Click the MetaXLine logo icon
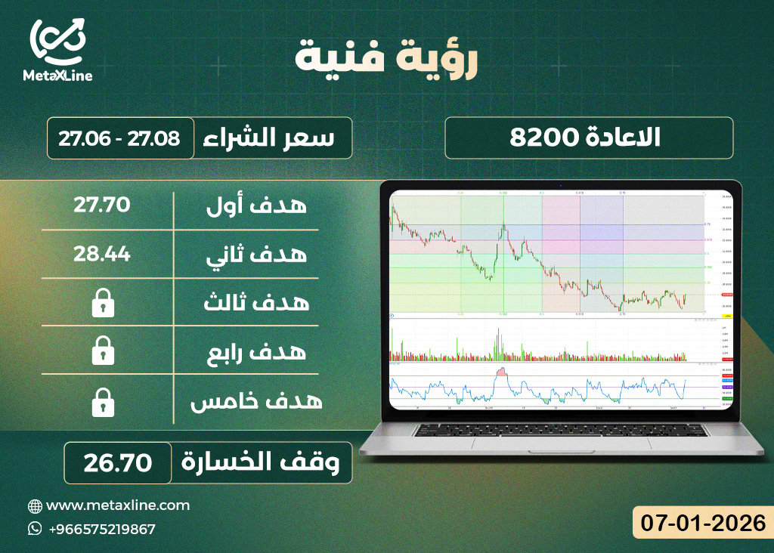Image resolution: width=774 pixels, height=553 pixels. point(57,41)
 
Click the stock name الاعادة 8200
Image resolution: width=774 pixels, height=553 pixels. point(588,137)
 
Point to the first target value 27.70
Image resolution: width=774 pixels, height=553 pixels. point(102,205)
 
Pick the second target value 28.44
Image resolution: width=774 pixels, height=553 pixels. point(102,254)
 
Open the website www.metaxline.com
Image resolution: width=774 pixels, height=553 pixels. point(118,505)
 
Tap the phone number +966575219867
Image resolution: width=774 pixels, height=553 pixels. point(101,529)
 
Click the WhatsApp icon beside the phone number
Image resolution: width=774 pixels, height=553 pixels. point(35,529)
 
